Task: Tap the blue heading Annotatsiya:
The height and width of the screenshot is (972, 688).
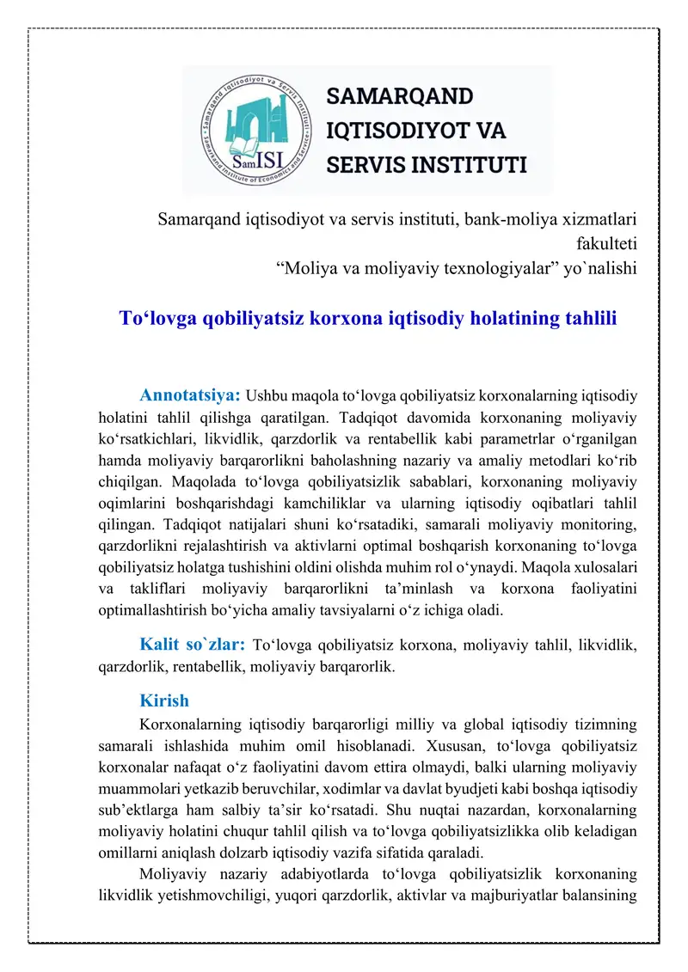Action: (x=189, y=396)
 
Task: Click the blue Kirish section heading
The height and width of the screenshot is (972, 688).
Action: (x=164, y=700)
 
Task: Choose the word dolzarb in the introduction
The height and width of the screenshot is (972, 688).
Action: (x=376, y=851)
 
